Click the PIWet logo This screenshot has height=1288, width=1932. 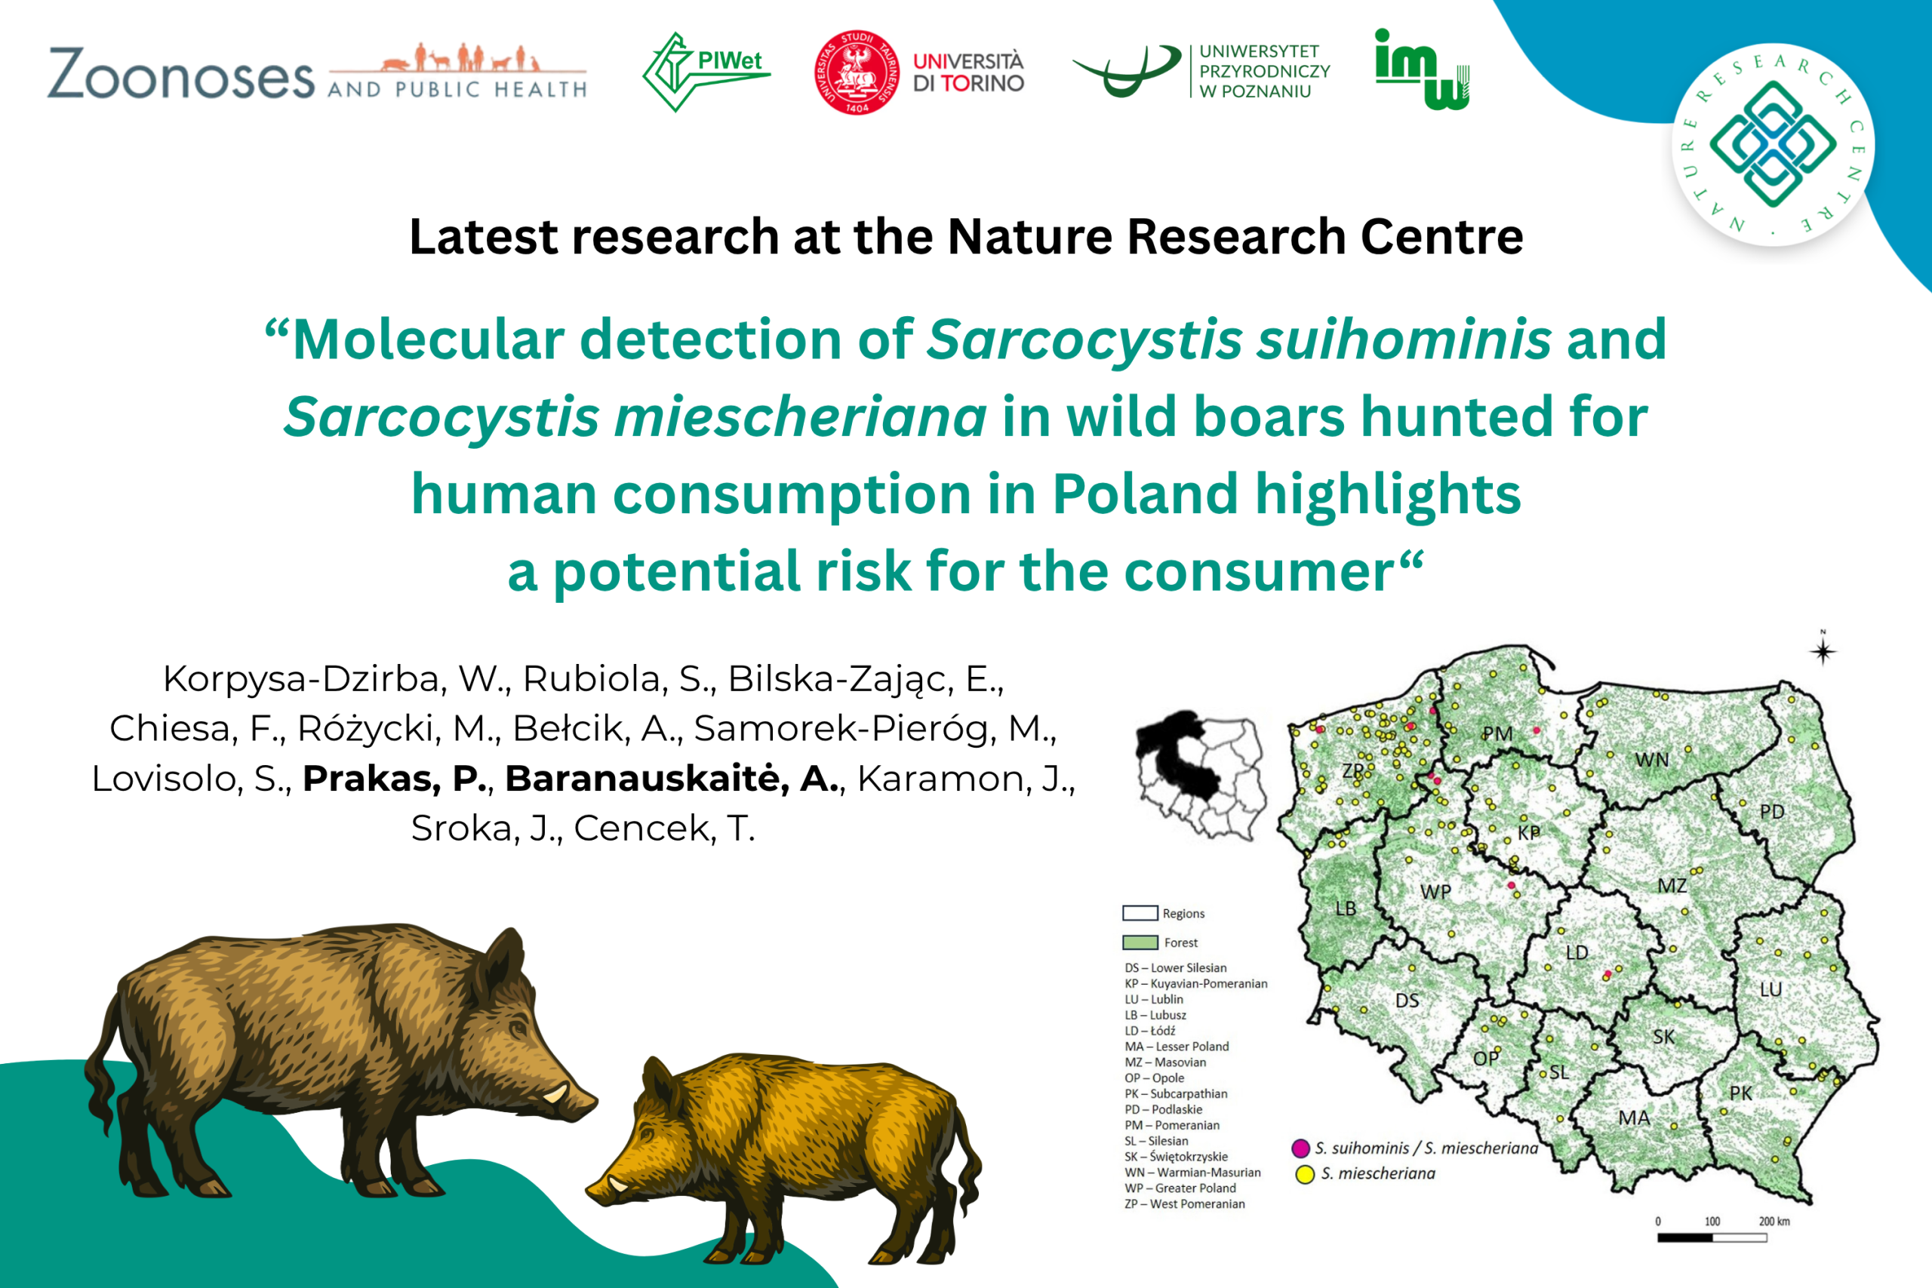tap(706, 72)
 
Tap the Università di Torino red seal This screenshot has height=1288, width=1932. tap(856, 72)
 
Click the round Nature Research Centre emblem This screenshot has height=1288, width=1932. tap(1773, 144)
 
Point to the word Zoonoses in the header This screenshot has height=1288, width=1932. tap(180, 74)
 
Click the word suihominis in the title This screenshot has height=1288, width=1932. tap(1404, 339)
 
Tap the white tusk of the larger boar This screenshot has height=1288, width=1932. tap(556, 1092)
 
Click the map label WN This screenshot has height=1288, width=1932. tap(1652, 760)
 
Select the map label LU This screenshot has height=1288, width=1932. tap(1771, 990)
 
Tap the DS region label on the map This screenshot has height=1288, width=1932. tap(1407, 1001)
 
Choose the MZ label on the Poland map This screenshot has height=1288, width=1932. tap(1672, 886)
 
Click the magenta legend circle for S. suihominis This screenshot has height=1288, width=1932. tap(1300, 1148)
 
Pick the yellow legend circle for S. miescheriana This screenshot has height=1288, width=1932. tap(1304, 1175)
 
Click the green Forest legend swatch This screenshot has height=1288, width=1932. tap(1140, 943)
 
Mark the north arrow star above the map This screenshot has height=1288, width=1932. tap(1823, 651)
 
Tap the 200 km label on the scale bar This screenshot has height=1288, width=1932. tap(1774, 1222)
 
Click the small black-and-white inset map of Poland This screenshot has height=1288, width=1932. tap(1200, 776)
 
